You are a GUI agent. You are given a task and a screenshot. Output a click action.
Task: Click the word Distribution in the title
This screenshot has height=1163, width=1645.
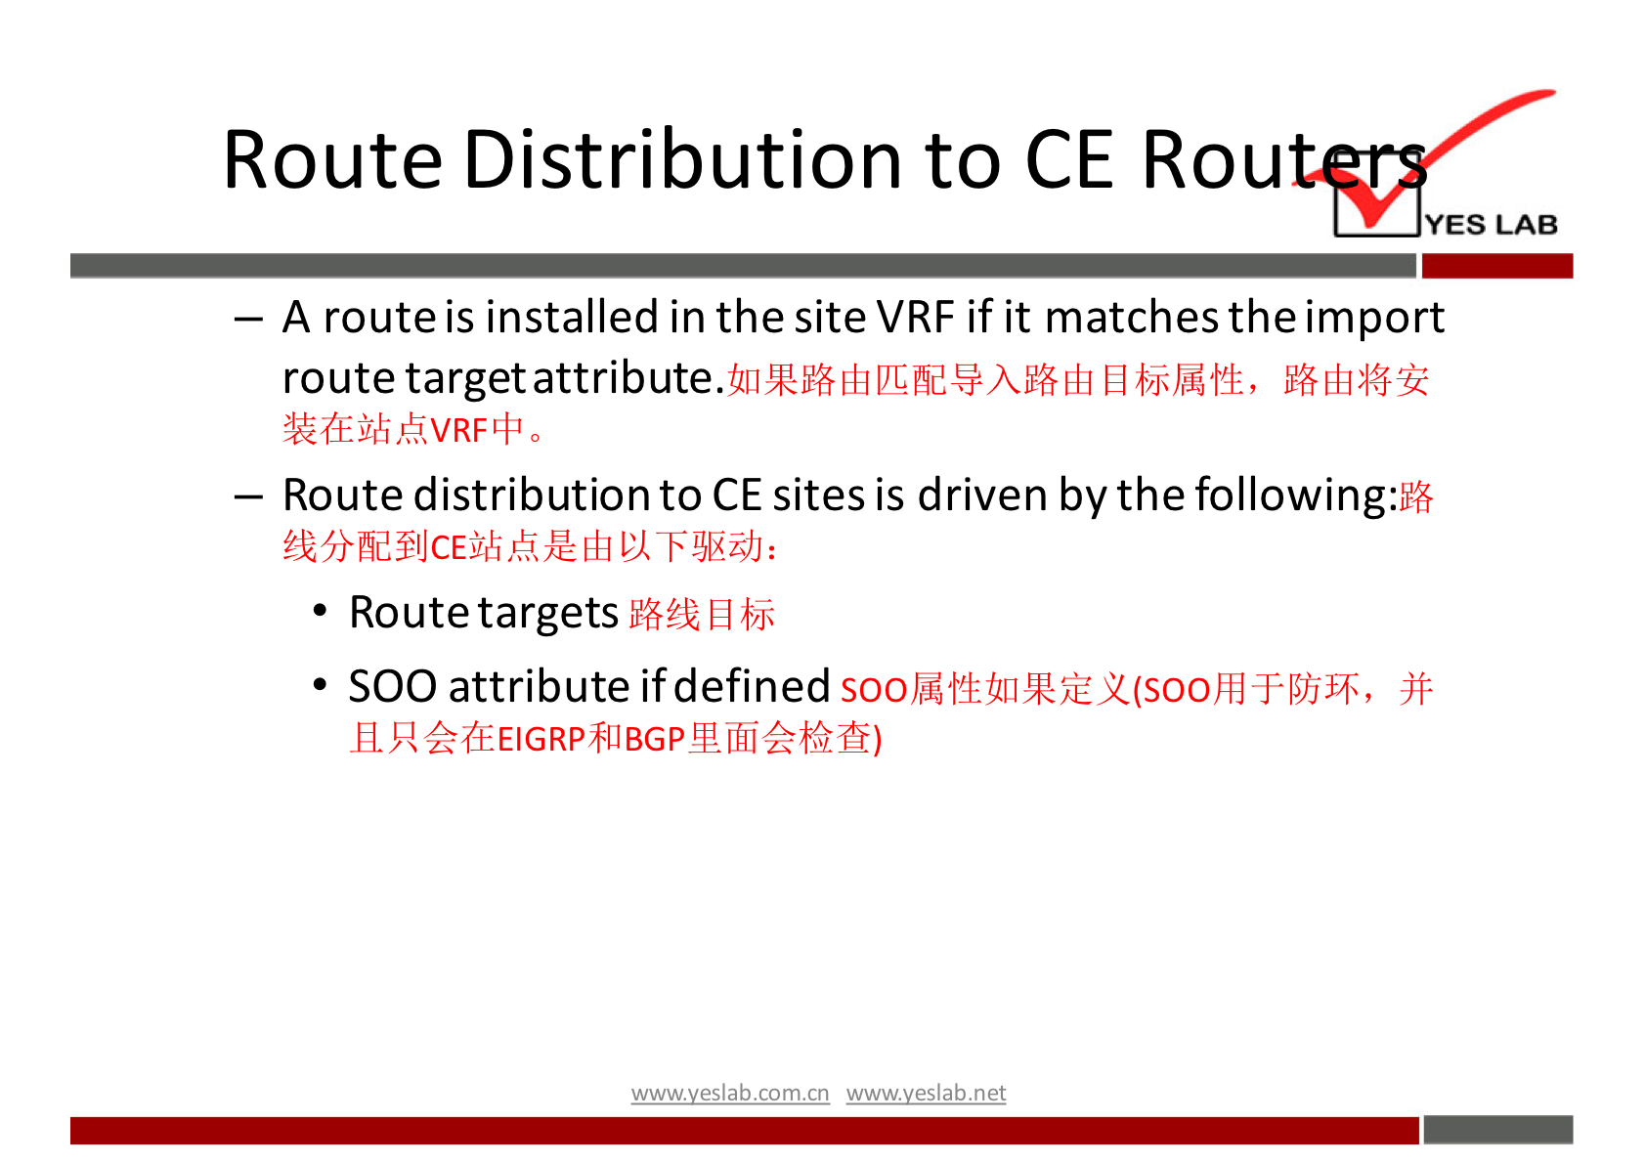682,159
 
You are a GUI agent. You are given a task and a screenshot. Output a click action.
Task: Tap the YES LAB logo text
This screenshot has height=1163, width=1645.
1491,225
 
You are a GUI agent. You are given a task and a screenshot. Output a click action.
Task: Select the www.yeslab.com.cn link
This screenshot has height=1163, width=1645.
730,1094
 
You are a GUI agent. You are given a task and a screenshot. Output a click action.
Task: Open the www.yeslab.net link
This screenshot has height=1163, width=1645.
926,1094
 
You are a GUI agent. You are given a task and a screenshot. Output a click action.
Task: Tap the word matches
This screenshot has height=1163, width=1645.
1132,318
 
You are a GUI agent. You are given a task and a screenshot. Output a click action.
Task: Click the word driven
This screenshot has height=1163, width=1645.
983,495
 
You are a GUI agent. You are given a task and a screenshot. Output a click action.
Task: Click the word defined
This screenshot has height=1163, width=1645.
752,685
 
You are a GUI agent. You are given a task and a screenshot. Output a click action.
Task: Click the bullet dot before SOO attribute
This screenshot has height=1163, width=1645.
320,685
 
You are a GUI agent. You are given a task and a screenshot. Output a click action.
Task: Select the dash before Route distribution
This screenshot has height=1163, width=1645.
249,498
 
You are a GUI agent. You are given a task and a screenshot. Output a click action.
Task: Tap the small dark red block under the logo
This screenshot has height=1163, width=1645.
1497,266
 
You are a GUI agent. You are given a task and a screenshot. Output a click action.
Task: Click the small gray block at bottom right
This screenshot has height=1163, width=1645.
1498,1130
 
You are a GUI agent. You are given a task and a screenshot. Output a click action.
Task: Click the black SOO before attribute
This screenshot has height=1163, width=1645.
393,686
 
